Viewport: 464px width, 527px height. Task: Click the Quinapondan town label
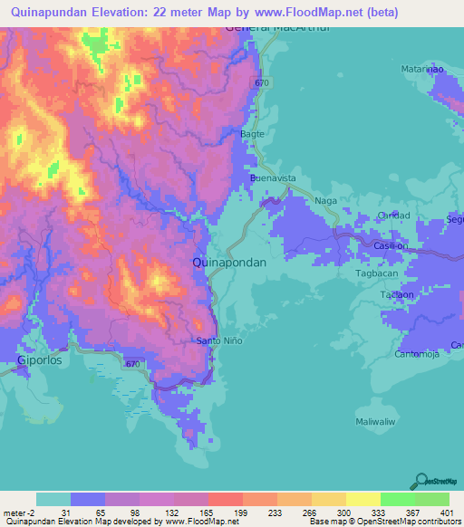point(229,262)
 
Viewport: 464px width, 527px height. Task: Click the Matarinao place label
point(422,69)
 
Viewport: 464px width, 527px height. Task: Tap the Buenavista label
point(274,179)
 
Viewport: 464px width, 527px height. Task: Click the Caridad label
point(394,216)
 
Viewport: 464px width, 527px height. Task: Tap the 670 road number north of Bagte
point(262,83)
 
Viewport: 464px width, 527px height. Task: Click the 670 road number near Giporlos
point(134,365)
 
